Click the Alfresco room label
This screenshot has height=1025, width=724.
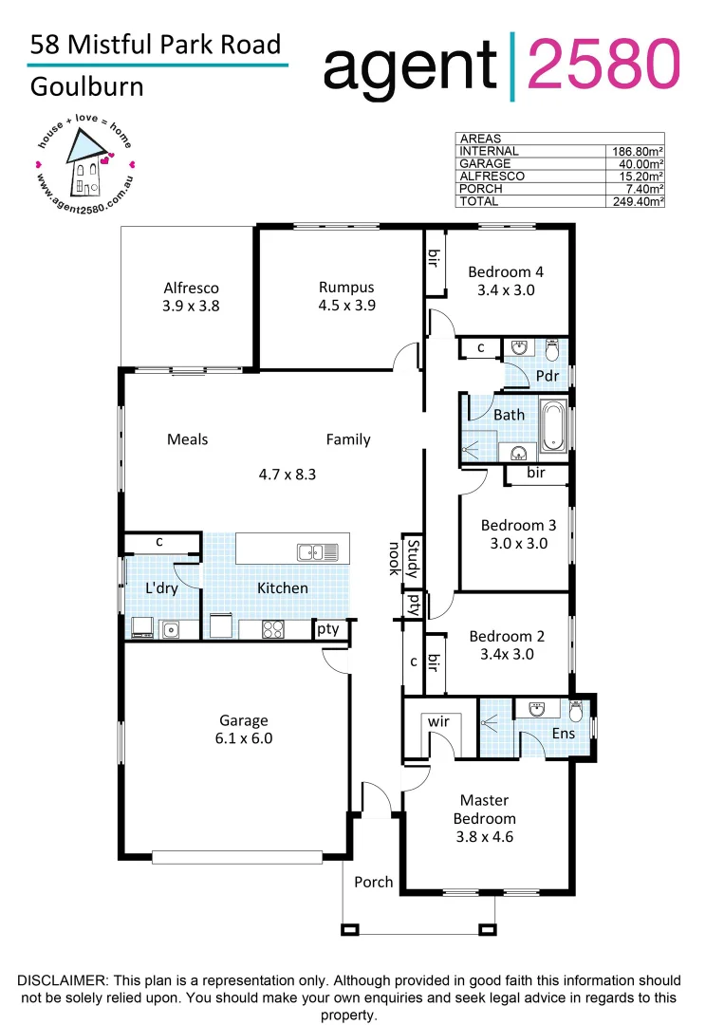pos(191,288)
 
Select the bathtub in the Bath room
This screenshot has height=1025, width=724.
pos(553,425)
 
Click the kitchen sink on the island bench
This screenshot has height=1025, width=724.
pos(311,551)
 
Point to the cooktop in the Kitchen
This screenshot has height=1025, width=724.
pos(274,628)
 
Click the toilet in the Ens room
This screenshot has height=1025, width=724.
pos(577,711)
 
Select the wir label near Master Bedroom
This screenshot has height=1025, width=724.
pos(437,722)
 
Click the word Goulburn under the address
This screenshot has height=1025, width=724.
pos(87,86)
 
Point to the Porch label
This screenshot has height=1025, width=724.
pos(373,882)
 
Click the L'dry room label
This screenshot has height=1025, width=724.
pos(161,588)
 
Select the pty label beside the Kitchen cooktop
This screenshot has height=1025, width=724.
pos(328,628)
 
